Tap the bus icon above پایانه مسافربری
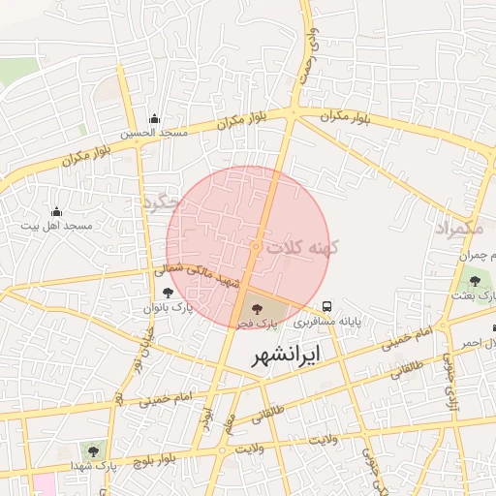[x=329, y=303]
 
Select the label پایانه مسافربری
[x=327, y=320]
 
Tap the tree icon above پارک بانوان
[x=169, y=292]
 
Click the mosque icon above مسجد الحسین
[x=153, y=119]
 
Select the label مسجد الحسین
[x=153, y=134]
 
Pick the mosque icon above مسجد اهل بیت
[x=55, y=211]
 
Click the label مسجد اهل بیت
[x=57, y=226]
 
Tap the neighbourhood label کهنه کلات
[x=306, y=248]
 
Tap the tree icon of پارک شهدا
[x=93, y=450]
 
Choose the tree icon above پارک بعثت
[x=475, y=282]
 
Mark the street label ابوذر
[x=205, y=417]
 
